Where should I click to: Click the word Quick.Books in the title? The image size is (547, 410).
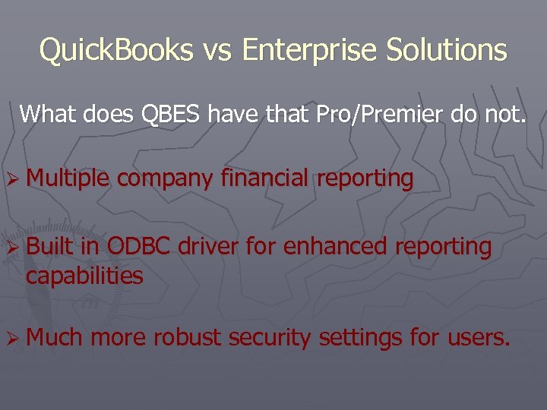(115, 50)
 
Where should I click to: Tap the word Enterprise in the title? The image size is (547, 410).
(309, 51)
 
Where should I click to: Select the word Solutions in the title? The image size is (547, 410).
(446, 50)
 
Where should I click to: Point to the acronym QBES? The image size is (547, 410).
(171, 115)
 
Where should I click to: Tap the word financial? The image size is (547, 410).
(265, 178)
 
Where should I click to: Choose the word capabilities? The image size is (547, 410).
(84, 276)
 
